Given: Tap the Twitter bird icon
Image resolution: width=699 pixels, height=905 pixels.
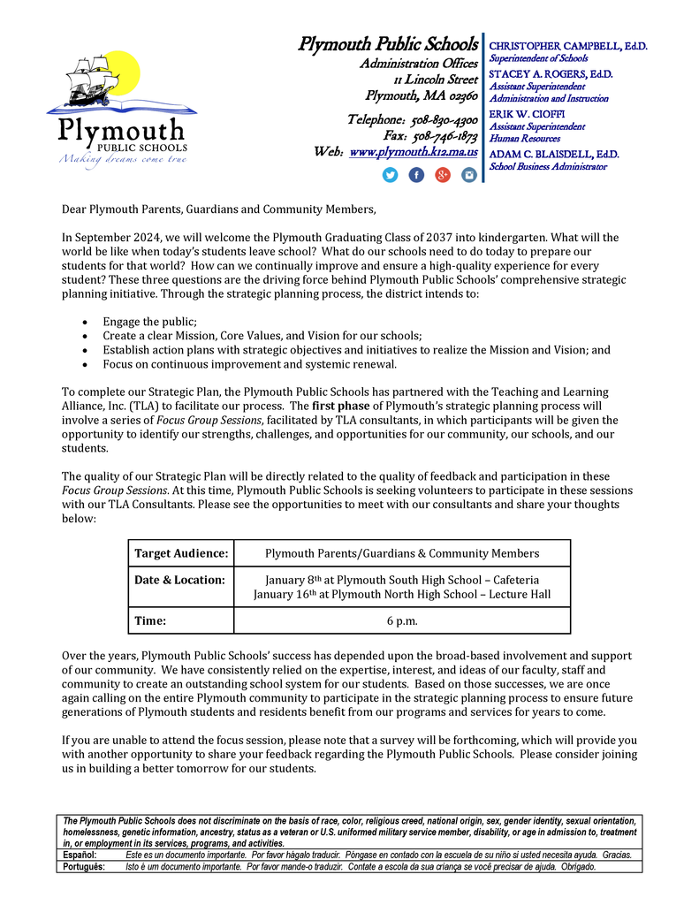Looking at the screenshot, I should (x=390, y=175).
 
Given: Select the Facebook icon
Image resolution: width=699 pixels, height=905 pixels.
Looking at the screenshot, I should (x=416, y=175).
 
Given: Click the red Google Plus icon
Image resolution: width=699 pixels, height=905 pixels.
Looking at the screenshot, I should (x=443, y=175).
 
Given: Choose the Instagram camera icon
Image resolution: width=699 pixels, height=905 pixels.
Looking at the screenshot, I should (x=469, y=175).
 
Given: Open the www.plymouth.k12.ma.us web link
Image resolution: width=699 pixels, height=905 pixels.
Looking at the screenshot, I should (x=414, y=152).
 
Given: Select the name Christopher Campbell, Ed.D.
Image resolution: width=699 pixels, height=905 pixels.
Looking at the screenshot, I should (x=567, y=45).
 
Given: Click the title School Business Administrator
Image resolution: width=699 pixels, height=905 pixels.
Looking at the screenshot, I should (x=548, y=166).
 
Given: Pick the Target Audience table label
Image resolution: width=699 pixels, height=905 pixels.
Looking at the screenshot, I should (x=181, y=553).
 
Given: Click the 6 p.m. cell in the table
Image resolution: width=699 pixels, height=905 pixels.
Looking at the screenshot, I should (x=402, y=620).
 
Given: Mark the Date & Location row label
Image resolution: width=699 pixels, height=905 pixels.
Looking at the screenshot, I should (x=179, y=580).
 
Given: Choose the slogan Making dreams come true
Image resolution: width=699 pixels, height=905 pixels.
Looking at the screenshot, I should (x=123, y=159).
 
